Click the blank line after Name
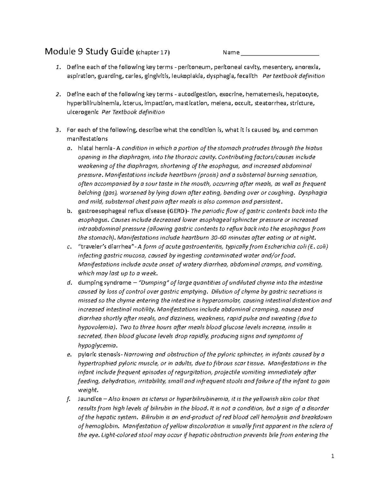point(280,53)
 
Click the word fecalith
point(246,76)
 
